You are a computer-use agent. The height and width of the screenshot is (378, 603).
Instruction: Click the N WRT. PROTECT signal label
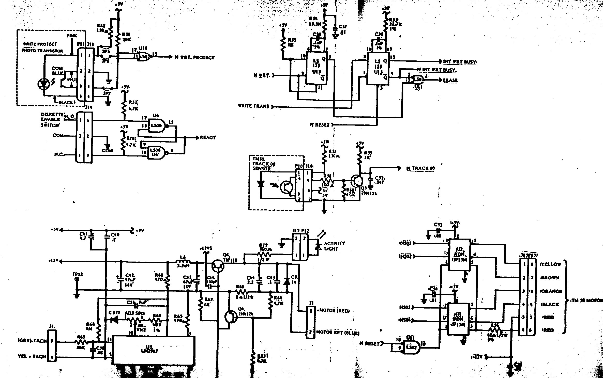tap(194, 57)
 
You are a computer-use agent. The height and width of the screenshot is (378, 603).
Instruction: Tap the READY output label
tap(208, 138)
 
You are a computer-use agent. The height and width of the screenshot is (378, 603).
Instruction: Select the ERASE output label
tap(450, 80)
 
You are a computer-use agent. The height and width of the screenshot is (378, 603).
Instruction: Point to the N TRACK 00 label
tap(421, 169)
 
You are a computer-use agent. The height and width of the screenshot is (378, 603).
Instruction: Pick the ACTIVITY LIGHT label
tap(335, 246)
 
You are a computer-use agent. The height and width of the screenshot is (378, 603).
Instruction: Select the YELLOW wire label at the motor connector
tap(551, 264)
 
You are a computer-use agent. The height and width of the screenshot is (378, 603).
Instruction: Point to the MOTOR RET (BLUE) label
tap(338, 333)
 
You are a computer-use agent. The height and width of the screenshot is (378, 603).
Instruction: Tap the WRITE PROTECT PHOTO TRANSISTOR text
tap(42, 47)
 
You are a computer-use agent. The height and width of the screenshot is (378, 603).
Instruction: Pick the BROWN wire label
tap(551, 278)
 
